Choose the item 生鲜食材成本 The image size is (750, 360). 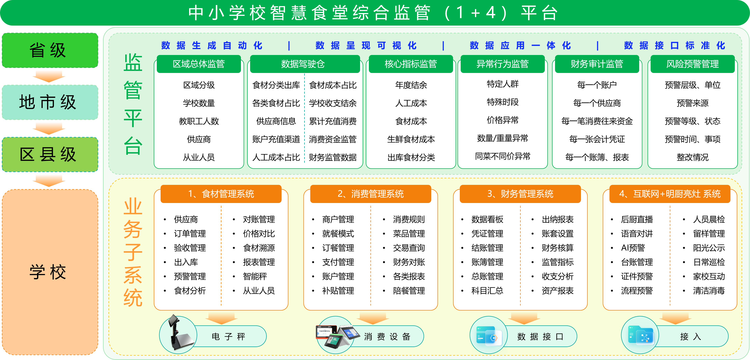411,139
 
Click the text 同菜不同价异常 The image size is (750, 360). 502,156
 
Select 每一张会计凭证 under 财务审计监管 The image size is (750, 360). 597,139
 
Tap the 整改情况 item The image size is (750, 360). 692,157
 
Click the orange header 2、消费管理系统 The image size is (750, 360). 370,194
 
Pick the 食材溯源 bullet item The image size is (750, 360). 259,248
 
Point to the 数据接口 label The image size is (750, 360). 540,337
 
